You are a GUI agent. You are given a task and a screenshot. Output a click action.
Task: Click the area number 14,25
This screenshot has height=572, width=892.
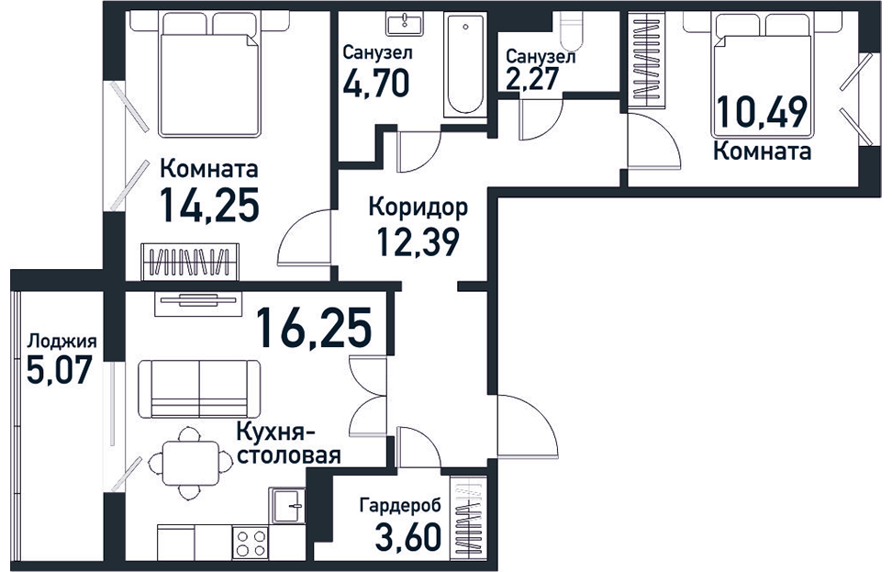(210, 205)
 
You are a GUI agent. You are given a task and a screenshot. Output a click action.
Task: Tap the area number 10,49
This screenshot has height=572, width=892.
(762, 112)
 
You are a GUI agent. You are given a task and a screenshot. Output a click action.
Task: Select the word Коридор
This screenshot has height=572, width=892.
(418, 207)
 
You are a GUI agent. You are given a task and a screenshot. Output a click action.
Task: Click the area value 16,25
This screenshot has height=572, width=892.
(314, 327)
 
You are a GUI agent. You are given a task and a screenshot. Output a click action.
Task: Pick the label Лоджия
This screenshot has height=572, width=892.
(62, 341)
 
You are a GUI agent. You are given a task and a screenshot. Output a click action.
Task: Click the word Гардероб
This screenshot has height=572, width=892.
(400, 505)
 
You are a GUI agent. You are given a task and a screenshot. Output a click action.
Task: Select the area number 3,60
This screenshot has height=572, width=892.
(408, 536)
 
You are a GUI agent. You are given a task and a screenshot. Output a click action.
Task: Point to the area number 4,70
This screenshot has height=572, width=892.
(376, 84)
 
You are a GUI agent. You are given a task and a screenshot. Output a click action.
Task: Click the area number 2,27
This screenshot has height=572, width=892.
(532, 78)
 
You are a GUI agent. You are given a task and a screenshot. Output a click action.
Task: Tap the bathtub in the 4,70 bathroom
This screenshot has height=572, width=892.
(465, 64)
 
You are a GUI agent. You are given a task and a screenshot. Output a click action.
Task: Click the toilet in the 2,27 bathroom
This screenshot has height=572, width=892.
(571, 31)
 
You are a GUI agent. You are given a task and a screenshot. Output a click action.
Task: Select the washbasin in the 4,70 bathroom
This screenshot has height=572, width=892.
(405, 25)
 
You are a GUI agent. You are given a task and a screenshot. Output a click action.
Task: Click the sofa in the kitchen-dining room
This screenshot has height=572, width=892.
(199, 389)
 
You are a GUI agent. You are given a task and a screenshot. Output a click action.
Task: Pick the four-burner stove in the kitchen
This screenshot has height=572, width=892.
(251, 543)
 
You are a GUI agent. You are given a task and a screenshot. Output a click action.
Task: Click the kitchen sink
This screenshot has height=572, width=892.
(288, 505)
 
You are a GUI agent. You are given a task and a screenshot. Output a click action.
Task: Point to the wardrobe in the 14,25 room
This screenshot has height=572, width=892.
(190, 262)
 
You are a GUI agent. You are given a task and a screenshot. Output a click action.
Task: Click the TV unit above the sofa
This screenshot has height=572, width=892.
(198, 301)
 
